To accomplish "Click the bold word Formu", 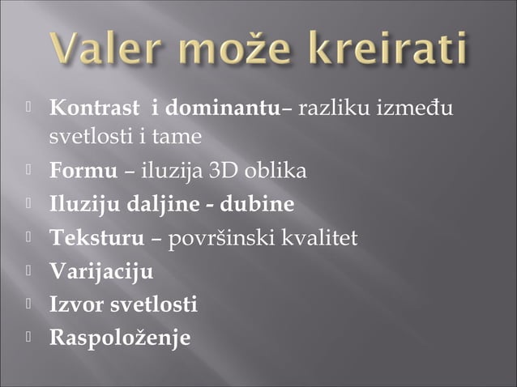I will [77, 172].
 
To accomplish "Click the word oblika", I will [276, 172].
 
